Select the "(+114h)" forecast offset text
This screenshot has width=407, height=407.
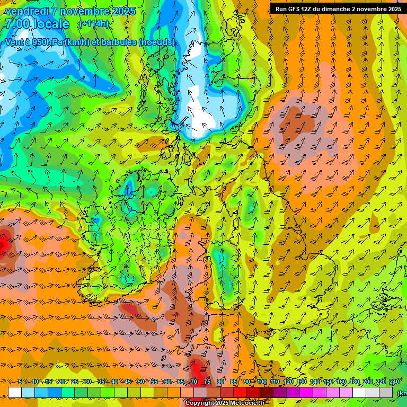[x=93, y=24]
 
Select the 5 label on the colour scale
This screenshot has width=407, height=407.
[x=20, y=382]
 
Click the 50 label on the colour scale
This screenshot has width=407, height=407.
[x=140, y=382]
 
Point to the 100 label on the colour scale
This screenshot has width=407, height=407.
[x=261, y=382]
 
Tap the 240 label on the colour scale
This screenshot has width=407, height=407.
[x=394, y=382]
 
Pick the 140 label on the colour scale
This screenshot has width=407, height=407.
[x=315, y=382]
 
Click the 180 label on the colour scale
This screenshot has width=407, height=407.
[x=355, y=382]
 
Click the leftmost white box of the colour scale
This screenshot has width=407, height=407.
[x=15, y=392]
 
